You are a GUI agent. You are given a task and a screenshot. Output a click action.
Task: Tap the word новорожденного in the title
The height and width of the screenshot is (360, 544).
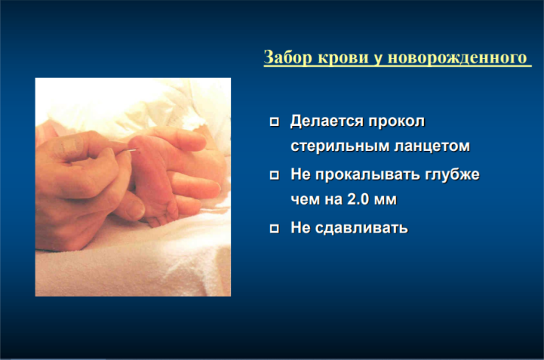click(457, 57)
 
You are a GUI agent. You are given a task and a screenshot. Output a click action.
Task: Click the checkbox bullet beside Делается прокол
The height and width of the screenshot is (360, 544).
click(275, 121)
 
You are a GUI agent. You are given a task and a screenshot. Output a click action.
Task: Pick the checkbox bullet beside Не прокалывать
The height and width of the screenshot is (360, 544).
click(275, 174)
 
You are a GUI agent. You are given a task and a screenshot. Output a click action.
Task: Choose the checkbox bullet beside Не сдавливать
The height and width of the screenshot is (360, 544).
click(275, 228)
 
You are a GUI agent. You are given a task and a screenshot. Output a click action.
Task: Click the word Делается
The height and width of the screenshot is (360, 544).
click(327, 121)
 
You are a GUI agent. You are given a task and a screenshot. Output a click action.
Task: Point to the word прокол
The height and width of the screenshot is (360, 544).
click(397, 121)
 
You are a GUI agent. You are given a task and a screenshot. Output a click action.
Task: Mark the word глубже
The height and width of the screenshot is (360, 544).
click(453, 174)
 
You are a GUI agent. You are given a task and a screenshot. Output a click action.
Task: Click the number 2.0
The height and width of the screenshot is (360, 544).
click(358, 199)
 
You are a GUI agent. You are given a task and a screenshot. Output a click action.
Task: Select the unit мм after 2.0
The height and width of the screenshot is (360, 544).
click(385, 200)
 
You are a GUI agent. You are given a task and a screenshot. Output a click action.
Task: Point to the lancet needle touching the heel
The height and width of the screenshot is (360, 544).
click(127, 150)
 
